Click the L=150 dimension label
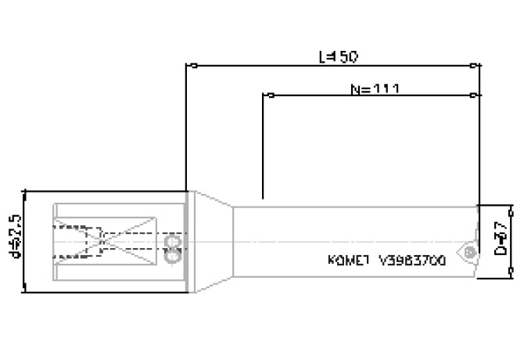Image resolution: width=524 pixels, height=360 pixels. [x=338, y=56]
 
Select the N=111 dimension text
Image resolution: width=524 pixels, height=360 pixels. [x=374, y=88]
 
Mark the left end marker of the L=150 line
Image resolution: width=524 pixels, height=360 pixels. [x=187, y=66]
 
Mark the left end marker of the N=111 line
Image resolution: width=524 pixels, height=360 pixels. [x=265, y=96]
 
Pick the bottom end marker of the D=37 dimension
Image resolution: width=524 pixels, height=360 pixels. [x=510, y=274]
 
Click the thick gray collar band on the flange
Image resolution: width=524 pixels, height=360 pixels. [x=187, y=241]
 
